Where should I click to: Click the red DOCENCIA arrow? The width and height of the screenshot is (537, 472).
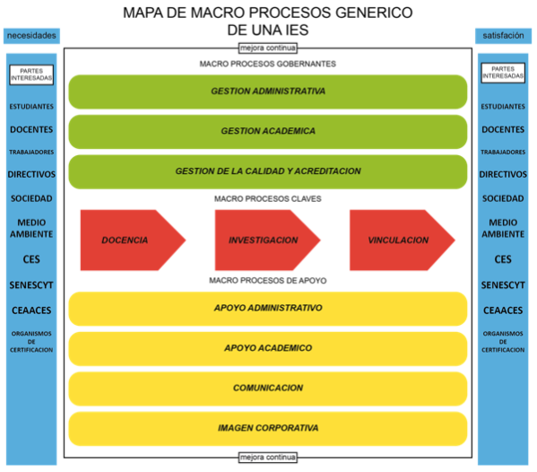click(x=133, y=240)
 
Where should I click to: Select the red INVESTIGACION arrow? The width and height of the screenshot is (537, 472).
click(x=267, y=240)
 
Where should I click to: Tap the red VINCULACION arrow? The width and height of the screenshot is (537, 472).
click(x=402, y=240)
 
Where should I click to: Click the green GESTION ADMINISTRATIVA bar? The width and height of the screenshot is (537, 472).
click(x=268, y=92)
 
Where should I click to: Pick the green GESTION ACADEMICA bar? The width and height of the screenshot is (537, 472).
click(x=268, y=132)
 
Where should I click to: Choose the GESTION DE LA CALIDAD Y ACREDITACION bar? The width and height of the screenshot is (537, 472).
click(x=268, y=171)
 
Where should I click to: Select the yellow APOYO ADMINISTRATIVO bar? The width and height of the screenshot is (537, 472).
click(x=268, y=309)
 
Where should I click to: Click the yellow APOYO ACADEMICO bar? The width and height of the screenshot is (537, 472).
click(x=268, y=348)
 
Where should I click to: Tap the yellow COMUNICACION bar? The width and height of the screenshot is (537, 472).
click(x=268, y=389)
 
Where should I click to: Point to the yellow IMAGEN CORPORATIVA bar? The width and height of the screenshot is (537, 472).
click(x=268, y=429)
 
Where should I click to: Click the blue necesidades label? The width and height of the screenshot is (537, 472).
click(x=31, y=36)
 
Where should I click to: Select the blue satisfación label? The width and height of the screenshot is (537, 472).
click(x=503, y=36)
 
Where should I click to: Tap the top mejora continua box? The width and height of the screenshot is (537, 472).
click(x=268, y=48)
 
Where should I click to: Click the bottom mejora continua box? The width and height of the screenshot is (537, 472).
click(x=268, y=458)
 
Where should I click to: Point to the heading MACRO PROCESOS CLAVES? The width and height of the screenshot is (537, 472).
click(x=268, y=199)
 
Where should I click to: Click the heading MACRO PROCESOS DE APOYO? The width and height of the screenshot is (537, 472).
click(x=268, y=280)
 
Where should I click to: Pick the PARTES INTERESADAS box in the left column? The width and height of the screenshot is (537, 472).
click(x=31, y=74)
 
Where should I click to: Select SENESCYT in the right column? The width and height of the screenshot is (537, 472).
click(x=503, y=285)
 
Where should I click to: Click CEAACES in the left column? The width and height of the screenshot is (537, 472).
click(x=31, y=310)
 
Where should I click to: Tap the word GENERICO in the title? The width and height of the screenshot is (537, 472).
click(x=374, y=13)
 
